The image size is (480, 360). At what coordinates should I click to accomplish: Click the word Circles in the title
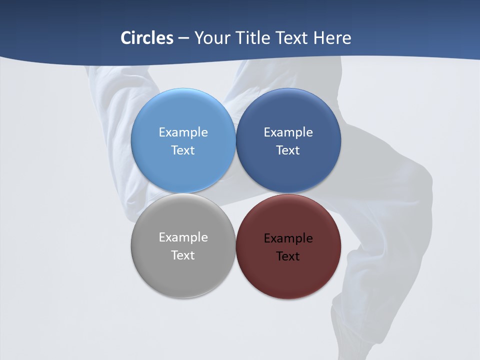pyautogui.click(x=146, y=38)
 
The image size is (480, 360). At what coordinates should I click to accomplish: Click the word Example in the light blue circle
pyautogui.click(x=183, y=132)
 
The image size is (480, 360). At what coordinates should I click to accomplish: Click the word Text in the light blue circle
pyautogui.click(x=183, y=150)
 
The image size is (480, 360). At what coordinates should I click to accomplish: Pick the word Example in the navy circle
pyautogui.click(x=288, y=132)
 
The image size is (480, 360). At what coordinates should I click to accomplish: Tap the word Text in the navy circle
pyautogui.click(x=288, y=150)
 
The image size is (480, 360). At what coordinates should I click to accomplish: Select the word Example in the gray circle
pyautogui.click(x=183, y=237)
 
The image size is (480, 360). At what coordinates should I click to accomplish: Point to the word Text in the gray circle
pyautogui.click(x=183, y=255)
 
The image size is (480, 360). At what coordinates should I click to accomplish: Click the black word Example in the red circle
pyautogui.click(x=288, y=238)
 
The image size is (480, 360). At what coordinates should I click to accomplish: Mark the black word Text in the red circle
pyautogui.click(x=288, y=256)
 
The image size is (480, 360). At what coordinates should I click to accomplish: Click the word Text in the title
pyautogui.click(x=293, y=38)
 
